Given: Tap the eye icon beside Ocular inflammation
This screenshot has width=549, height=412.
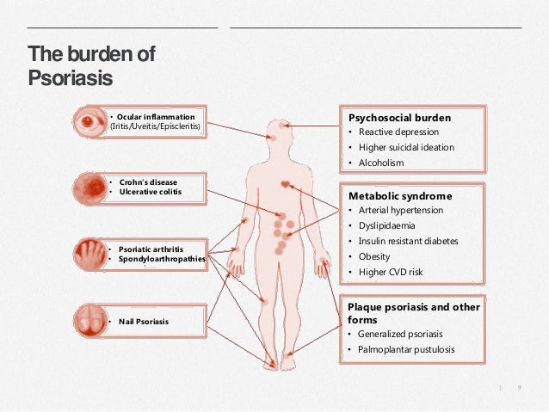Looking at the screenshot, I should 89,121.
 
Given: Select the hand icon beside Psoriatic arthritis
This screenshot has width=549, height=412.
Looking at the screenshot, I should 89,254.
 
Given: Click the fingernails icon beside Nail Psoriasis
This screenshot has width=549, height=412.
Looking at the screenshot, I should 89,321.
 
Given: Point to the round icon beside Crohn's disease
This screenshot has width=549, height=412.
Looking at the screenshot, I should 89,187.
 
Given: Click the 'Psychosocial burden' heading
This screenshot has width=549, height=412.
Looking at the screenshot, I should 398,117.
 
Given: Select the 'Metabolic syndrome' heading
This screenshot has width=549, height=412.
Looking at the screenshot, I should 399,195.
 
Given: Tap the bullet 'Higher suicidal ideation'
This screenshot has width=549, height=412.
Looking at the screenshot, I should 406,147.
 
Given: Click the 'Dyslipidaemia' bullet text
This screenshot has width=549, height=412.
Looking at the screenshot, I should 388,225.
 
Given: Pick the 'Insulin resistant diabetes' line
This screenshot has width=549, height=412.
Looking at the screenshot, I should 408,241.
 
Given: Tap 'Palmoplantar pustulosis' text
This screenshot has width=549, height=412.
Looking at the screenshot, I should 406,349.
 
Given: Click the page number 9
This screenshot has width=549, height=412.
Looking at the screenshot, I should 520,389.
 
